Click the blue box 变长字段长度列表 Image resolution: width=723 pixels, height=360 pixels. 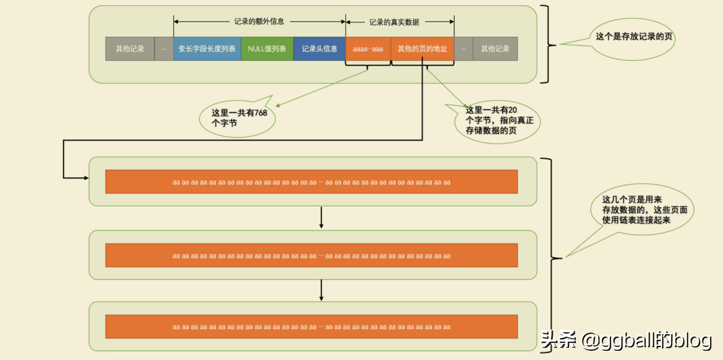coord(207,49)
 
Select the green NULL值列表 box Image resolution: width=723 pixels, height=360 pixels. coord(267,49)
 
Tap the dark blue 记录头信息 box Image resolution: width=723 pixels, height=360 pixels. coord(319,49)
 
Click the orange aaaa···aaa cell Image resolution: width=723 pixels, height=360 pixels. coord(368,49)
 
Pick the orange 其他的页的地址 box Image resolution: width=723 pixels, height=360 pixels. coord(422,49)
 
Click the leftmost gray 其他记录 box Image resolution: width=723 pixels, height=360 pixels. coord(130,49)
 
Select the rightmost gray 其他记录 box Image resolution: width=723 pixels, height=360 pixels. coord(495,49)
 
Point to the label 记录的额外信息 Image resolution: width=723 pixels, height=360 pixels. coord(259,22)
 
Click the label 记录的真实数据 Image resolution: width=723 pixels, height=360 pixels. coord(394,22)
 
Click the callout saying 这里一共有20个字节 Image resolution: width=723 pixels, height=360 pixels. coord(498,120)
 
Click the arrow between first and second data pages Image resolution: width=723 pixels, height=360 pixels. coord(321,218)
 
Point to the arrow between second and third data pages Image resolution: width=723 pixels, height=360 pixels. coord(321,290)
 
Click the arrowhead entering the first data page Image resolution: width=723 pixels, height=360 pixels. coord(86,178)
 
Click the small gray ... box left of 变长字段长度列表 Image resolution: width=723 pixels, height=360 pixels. coord(164,49)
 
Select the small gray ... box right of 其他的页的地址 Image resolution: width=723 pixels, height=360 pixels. coord(463,49)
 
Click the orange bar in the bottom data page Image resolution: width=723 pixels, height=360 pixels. coord(311,327)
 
